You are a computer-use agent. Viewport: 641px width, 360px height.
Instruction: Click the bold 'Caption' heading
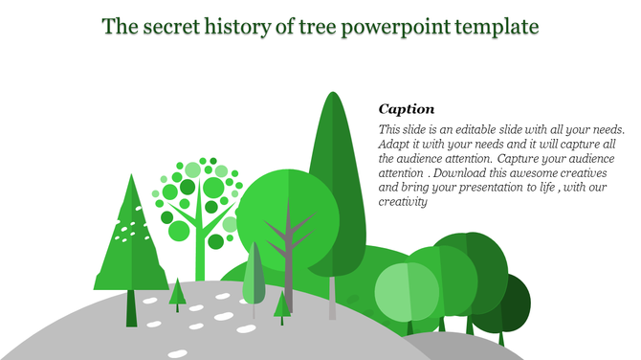[407, 109]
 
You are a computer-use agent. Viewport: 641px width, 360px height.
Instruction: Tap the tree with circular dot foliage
[198, 201]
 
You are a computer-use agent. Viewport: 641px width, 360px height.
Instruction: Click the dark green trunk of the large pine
[131, 307]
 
